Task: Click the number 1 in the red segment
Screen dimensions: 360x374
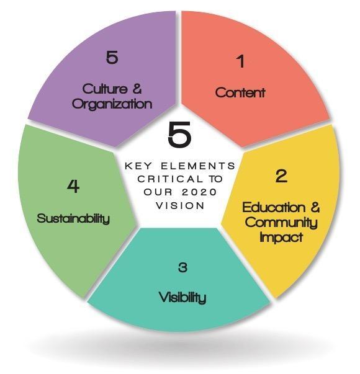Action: coord(241,61)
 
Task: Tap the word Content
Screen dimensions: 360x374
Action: coord(240,92)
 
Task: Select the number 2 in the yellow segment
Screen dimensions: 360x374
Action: coord(281,176)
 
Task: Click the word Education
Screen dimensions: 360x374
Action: coord(274,207)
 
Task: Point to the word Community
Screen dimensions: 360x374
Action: coord(281,223)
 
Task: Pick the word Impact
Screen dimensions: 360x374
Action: coord(281,238)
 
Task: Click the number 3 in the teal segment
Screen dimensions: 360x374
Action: coord(182,267)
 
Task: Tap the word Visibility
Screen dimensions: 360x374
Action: coord(182,298)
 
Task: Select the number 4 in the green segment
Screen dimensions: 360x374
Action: coord(73,186)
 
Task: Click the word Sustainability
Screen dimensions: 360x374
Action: coord(73,218)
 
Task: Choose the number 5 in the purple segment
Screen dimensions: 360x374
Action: coord(112,57)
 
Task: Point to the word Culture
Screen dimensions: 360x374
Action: coord(105,89)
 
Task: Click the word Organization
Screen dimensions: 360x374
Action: coord(112,104)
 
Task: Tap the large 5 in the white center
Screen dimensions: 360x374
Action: coord(180,134)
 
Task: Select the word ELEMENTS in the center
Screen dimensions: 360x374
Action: coord(198,166)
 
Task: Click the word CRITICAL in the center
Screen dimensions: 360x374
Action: coord(171,179)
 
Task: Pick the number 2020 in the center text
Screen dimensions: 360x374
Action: coord(199,192)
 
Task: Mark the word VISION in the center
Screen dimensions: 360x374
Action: coord(180,205)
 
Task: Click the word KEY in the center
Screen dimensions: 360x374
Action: coord(138,166)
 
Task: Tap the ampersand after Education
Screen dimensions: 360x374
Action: coord(315,207)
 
